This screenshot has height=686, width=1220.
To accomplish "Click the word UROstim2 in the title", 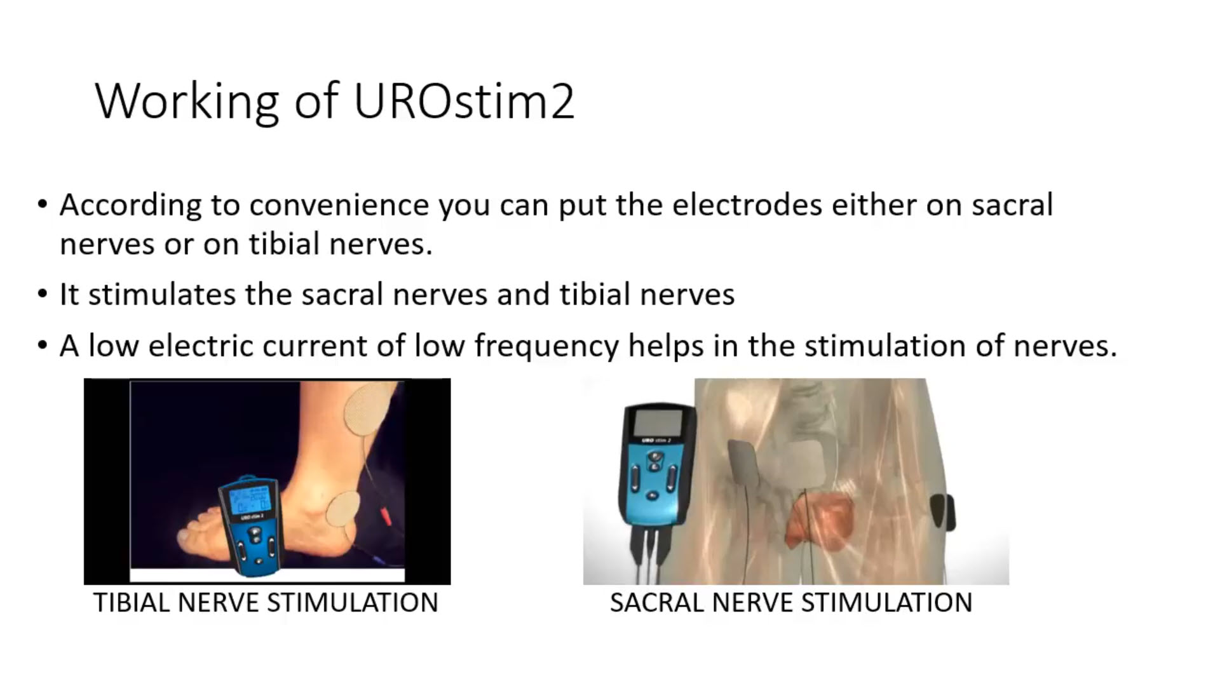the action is (x=464, y=101).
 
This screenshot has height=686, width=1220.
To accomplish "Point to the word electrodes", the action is (x=748, y=205).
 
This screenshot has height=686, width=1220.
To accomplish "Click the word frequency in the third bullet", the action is (x=546, y=347).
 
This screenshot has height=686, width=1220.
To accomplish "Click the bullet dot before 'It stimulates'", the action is (x=43, y=294).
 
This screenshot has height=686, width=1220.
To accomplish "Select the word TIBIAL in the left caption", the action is (x=132, y=602).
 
